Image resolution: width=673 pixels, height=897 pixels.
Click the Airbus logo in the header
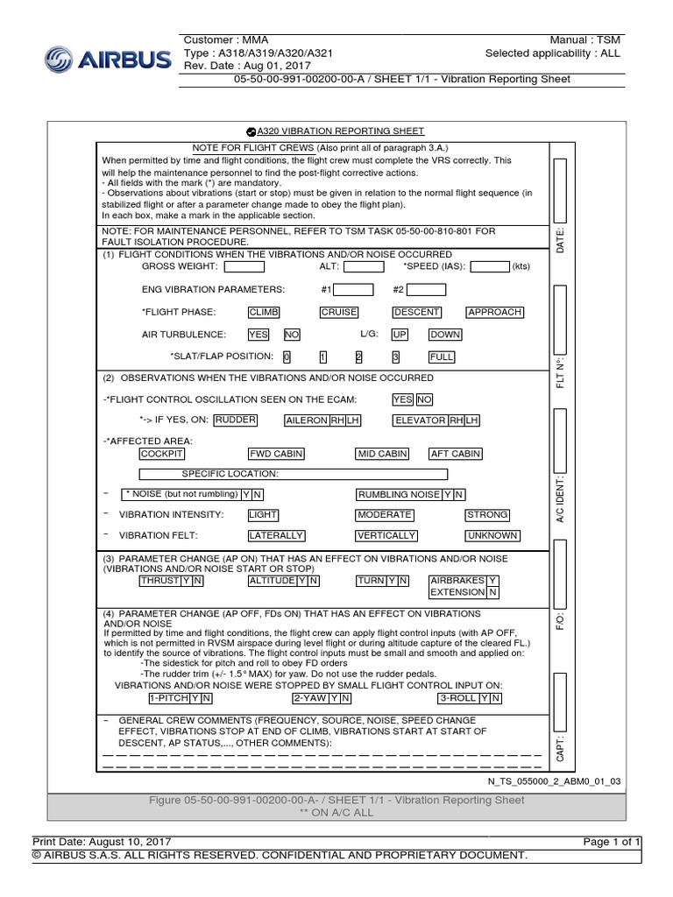[x=106, y=60]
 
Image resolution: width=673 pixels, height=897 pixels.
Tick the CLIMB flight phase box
[x=264, y=312]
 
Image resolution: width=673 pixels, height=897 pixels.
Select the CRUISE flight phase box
[x=338, y=312]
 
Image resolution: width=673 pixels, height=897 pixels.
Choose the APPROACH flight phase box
[x=494, y=312]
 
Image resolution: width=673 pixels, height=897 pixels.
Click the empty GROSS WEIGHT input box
[x=244, y=267]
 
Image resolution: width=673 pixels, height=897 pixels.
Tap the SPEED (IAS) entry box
[x=490, y=267]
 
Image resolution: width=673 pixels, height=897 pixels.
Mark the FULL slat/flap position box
[x=442, y=357]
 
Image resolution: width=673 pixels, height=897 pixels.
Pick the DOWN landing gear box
[x=444, y=335]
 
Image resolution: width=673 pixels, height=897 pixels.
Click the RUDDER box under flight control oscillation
[x=236, y=420]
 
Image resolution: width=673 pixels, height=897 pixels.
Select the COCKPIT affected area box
[x=162, y=454]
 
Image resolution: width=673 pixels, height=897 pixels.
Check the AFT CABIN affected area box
[x=455, y=454]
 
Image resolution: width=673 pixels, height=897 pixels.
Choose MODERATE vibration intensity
[x=384, y=515]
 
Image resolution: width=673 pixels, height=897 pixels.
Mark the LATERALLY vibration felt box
[x=276, y=535]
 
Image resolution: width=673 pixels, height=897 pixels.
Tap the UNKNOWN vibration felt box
[x=492, y=535]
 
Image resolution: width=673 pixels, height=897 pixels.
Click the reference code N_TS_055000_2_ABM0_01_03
[x=554, y=780]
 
